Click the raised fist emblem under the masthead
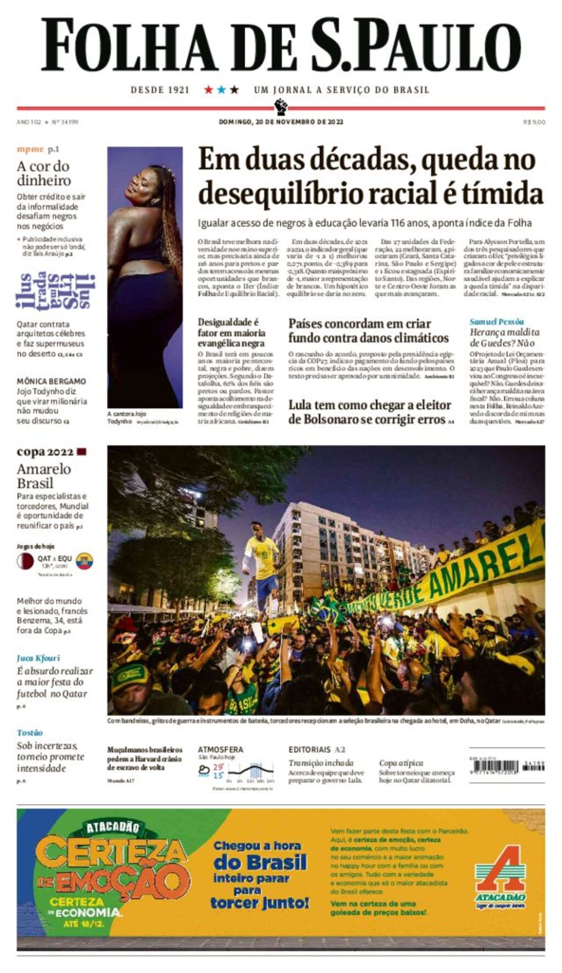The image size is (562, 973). pos(280,105)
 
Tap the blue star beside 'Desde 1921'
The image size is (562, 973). pos(221,89)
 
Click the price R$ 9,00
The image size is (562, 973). pos(533,122)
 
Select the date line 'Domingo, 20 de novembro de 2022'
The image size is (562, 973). pos(280,122)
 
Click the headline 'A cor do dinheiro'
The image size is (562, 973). pos(43,173)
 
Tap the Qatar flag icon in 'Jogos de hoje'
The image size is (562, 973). pos(25,561)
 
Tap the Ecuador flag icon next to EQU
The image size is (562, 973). pos(85,561)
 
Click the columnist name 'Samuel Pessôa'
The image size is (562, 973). pos(496,322)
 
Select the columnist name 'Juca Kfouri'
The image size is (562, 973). pos(38,658)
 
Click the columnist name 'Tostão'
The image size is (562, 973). pos(30,733)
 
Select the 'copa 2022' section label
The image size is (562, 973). pos(45,452)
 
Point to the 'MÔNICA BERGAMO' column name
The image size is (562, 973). pos(51,381)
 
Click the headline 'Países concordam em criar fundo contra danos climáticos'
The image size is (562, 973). pos(368,330)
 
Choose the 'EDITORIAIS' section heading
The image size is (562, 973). pos(310,749)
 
